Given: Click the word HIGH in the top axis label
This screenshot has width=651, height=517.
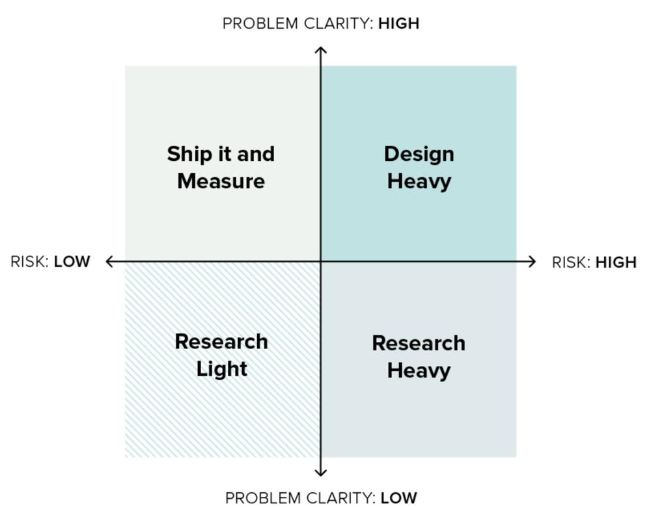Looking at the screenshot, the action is coord(398,23).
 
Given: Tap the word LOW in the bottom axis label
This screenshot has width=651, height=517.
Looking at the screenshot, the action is coord(398,498).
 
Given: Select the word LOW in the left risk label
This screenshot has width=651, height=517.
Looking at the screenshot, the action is coord(72,262).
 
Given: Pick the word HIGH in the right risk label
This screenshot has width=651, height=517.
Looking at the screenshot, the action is coord(616,262).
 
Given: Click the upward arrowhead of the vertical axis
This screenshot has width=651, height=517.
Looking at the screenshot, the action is coord(320,50).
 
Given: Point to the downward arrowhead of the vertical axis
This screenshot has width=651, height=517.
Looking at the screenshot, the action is coord(320,473).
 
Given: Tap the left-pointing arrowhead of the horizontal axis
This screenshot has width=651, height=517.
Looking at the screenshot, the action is coord(109,262).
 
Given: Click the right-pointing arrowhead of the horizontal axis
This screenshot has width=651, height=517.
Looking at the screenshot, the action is coord(532,262).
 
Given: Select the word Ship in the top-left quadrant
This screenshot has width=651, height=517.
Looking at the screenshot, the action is coord(189,155).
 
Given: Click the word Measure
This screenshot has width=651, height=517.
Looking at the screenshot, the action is coord(221,182).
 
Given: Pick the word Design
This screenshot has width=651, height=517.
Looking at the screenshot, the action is coord(419,155).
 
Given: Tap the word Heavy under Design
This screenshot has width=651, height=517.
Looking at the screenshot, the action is coord(419,182).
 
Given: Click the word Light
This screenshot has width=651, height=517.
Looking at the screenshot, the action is coord(222,369).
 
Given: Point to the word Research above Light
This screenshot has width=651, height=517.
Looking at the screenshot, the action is coord(221,342).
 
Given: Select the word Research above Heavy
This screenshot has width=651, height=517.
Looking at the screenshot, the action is coord(419,343).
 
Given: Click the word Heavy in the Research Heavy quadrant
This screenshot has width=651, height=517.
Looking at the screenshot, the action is coord(419,371).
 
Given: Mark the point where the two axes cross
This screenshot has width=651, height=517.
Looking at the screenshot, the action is coord(320,262).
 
